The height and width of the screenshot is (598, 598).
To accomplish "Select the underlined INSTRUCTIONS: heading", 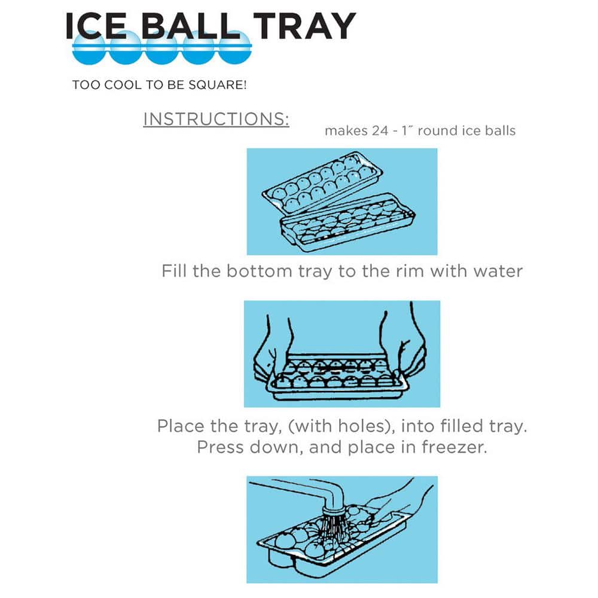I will [216, 118].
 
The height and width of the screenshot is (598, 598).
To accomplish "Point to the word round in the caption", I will [440, 130].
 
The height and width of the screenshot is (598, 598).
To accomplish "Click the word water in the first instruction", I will [498, 271].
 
